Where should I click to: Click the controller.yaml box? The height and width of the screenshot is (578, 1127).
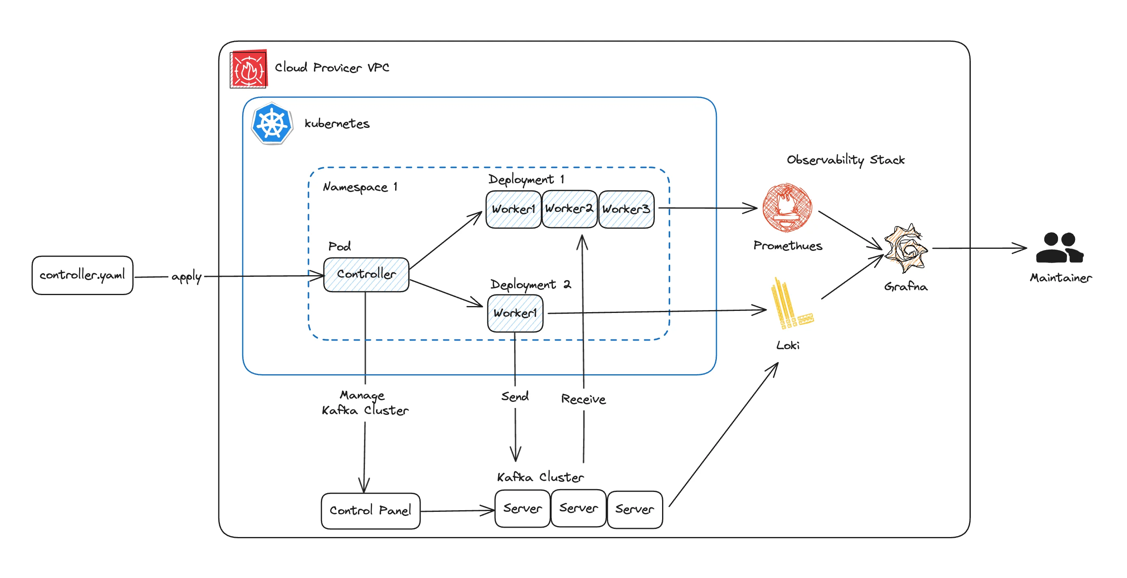pos(82,275)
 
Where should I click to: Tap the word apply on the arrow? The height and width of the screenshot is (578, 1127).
pos(186,277)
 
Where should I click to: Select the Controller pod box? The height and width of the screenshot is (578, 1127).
pos(366,274)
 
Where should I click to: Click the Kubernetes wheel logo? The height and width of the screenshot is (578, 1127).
pos(272,123)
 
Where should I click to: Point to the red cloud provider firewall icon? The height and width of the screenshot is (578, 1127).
pos(249,69)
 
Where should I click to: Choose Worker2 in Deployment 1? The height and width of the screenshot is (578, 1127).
pos(569,209)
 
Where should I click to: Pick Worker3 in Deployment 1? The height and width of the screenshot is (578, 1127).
pos(626,209)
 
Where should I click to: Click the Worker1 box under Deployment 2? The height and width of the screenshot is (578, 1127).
pos(515,313)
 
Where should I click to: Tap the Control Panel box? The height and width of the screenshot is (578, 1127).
pos(370,511)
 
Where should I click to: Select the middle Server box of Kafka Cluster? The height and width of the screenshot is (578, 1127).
pos(579,508)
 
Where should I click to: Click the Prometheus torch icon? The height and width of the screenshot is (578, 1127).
pos(787,207)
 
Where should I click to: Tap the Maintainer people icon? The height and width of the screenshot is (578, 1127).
pos(1060,248)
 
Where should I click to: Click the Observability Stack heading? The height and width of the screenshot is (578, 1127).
pos(845,160)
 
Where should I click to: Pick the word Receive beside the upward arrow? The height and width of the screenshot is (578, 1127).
pos(583,399)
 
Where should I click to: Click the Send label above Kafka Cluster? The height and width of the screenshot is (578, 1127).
pos(515,397)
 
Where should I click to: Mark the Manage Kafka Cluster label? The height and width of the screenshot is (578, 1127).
pos(365,403)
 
